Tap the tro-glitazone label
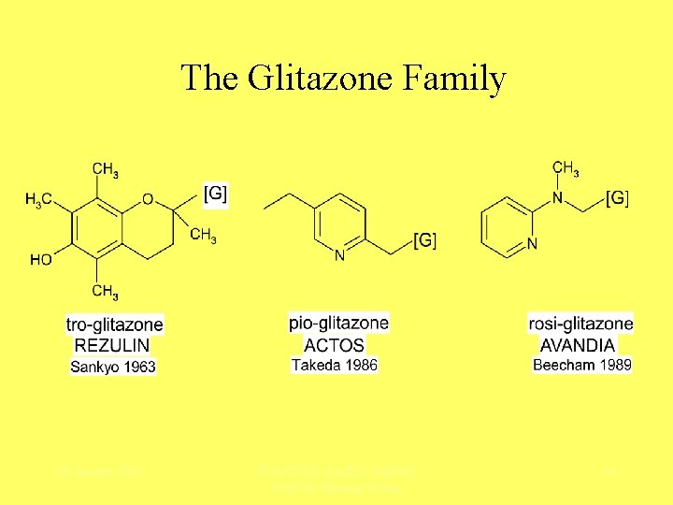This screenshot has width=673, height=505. [x=115, y=325]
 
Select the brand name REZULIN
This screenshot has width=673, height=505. [x=114, y=346]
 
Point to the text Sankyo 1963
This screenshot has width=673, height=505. [x=114, y=367]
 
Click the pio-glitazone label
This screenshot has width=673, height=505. [x=338, y=324]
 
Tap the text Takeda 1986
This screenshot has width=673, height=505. [x=335, y=365]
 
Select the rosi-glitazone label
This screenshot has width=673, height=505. [x=580, y=325]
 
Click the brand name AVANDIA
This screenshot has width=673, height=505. [x=581, y=345]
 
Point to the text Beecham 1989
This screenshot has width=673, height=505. [x=581, y=365]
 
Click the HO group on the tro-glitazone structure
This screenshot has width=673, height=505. [x=40, y=260]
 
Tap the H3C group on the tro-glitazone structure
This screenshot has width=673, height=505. [x=39, y=199]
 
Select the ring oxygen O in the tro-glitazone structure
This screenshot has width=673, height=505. [x=148, y=200]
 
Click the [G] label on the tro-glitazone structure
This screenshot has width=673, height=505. [x=215, y=194]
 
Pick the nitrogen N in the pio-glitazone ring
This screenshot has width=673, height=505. [x=340, y=254]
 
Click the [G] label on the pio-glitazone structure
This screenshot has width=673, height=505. [x=424, y=241]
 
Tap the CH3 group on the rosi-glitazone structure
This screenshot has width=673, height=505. [x=565, y=169]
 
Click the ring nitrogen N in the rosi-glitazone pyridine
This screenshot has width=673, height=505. [x=532, y=244]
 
